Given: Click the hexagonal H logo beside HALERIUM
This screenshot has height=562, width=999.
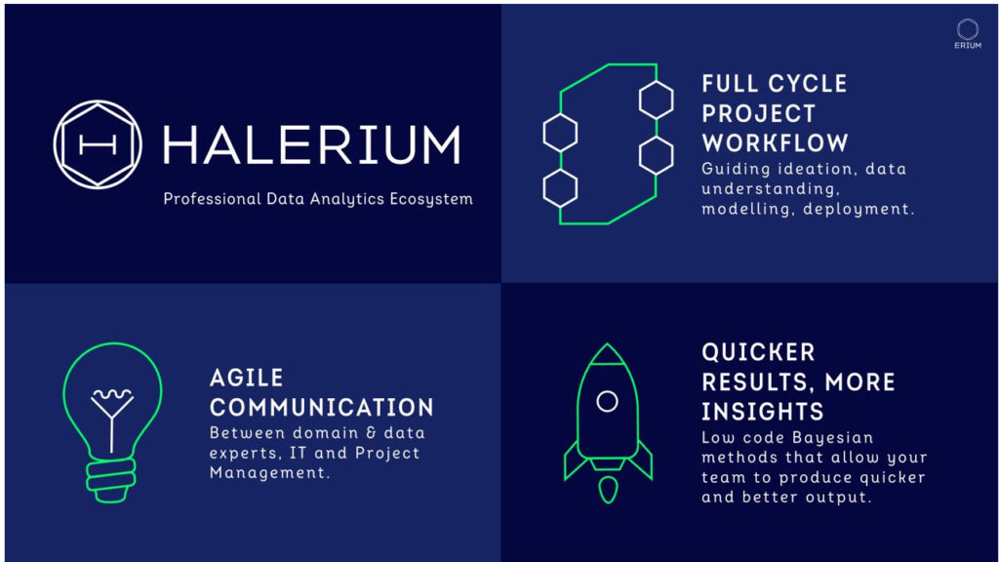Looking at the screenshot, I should point(98,144).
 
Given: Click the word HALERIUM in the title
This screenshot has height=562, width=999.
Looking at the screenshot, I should point(310,145).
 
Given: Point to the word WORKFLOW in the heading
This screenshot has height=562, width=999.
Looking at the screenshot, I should point(775,142).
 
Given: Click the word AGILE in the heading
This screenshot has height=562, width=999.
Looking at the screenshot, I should point(247,378).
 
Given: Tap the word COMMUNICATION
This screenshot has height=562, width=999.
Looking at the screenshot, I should point(322,407).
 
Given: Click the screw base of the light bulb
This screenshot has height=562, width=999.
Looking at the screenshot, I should point(111,478).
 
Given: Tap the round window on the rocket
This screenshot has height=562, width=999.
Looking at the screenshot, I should point(607,401).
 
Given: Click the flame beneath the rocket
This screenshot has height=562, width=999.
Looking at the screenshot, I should point(608,488).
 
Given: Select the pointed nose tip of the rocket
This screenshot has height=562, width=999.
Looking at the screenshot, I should point(608,347).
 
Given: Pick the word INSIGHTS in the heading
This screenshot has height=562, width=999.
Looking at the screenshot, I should point(763,411).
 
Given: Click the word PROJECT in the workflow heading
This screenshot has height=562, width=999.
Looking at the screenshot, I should point(758,113).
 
